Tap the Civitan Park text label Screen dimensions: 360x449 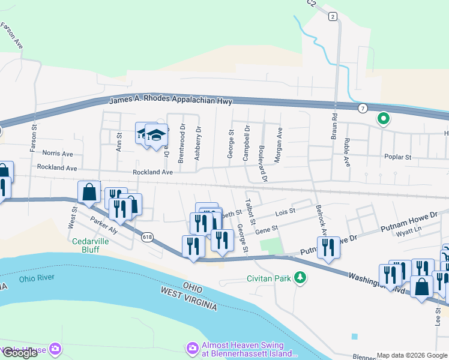(x=268, y=278)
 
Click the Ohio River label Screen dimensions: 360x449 (x=37, y=278)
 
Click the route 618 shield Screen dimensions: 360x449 (x=148, y=238)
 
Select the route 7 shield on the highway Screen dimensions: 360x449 (x=363, y=108)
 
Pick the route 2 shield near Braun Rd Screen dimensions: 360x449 (x=333, y=17)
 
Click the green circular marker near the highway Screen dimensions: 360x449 (x=383, y=119)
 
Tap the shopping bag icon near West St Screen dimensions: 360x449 (x=89, y=193)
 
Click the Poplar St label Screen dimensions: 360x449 (x=397, y=157)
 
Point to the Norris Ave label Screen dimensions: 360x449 (x=57, y=153)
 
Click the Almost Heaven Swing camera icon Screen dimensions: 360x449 (x=193, y=348)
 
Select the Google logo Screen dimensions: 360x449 (x=20, y=353)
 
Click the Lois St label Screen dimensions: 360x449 (x=285, y=211)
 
